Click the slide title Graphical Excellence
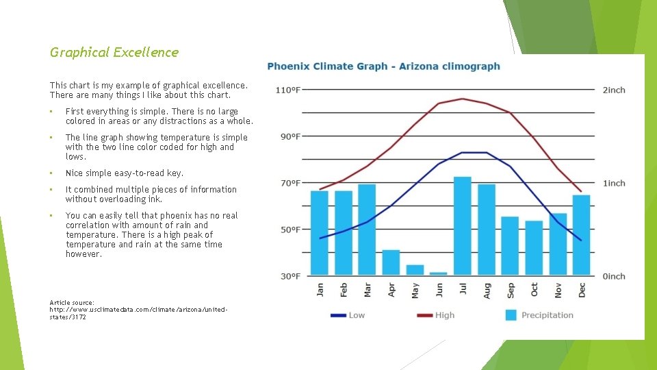[114, 52]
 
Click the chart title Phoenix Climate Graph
[383, 66]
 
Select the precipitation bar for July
[463, 226]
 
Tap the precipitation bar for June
[439, 273]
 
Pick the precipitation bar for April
[391, 262]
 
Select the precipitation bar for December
[581, 235]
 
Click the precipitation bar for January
[320, 233]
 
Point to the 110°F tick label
[288, 90]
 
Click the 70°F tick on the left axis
[290, 183]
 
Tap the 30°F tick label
[290, 276]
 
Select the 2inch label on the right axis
[614, 90]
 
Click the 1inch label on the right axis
[614, 183]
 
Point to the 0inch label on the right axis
[614, 276]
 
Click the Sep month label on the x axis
[511, 290]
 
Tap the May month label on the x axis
[415, 290]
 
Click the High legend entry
[435, 315]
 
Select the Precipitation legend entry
[539, 315]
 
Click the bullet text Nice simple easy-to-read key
[125, 173]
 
